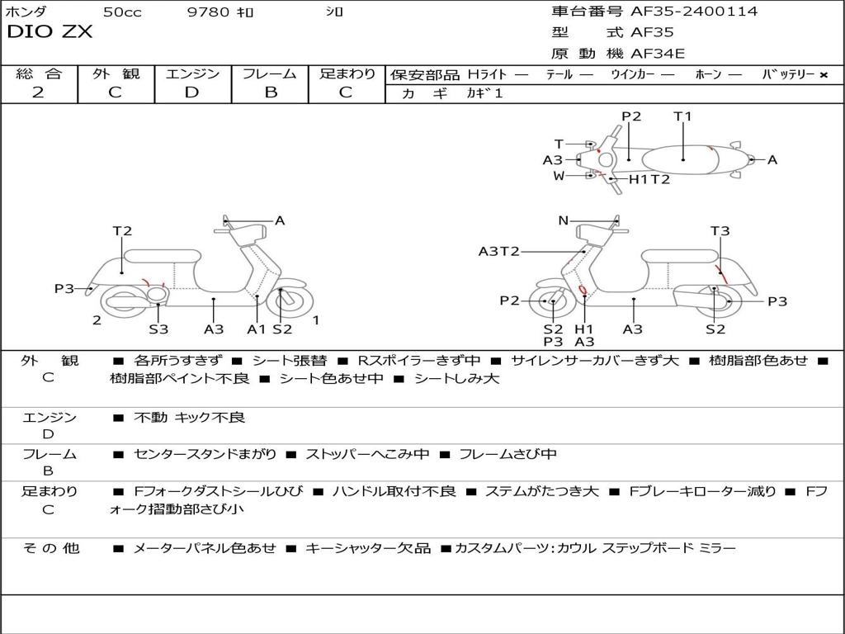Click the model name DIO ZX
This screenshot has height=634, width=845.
(50, 33)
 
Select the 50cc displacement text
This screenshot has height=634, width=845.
(121, 12)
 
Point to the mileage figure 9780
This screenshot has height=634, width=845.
(209, 12)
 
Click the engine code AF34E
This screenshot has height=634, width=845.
(658, 54)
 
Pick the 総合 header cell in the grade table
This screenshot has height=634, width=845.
(39, 73)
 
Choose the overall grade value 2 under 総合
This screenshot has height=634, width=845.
(38, 92)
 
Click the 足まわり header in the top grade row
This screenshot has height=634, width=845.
(347, 73)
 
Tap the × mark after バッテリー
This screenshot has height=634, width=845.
(823, 74)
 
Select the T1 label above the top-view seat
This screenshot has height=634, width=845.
(682, 116)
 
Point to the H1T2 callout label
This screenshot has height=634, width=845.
(649, 179)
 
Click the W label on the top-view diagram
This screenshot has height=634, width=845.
(559, 176)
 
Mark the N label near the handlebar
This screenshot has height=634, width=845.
(564, 220)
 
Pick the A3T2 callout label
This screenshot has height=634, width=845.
(498, 251)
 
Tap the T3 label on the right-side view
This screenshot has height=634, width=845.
(720, 231)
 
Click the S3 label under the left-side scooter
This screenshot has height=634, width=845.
(158, 329)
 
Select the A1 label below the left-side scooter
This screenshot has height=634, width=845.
(257, 329)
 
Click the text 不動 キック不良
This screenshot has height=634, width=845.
(190, 418)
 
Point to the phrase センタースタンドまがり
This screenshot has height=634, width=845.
(205, 454)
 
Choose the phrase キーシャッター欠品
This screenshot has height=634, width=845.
(368, 548)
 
